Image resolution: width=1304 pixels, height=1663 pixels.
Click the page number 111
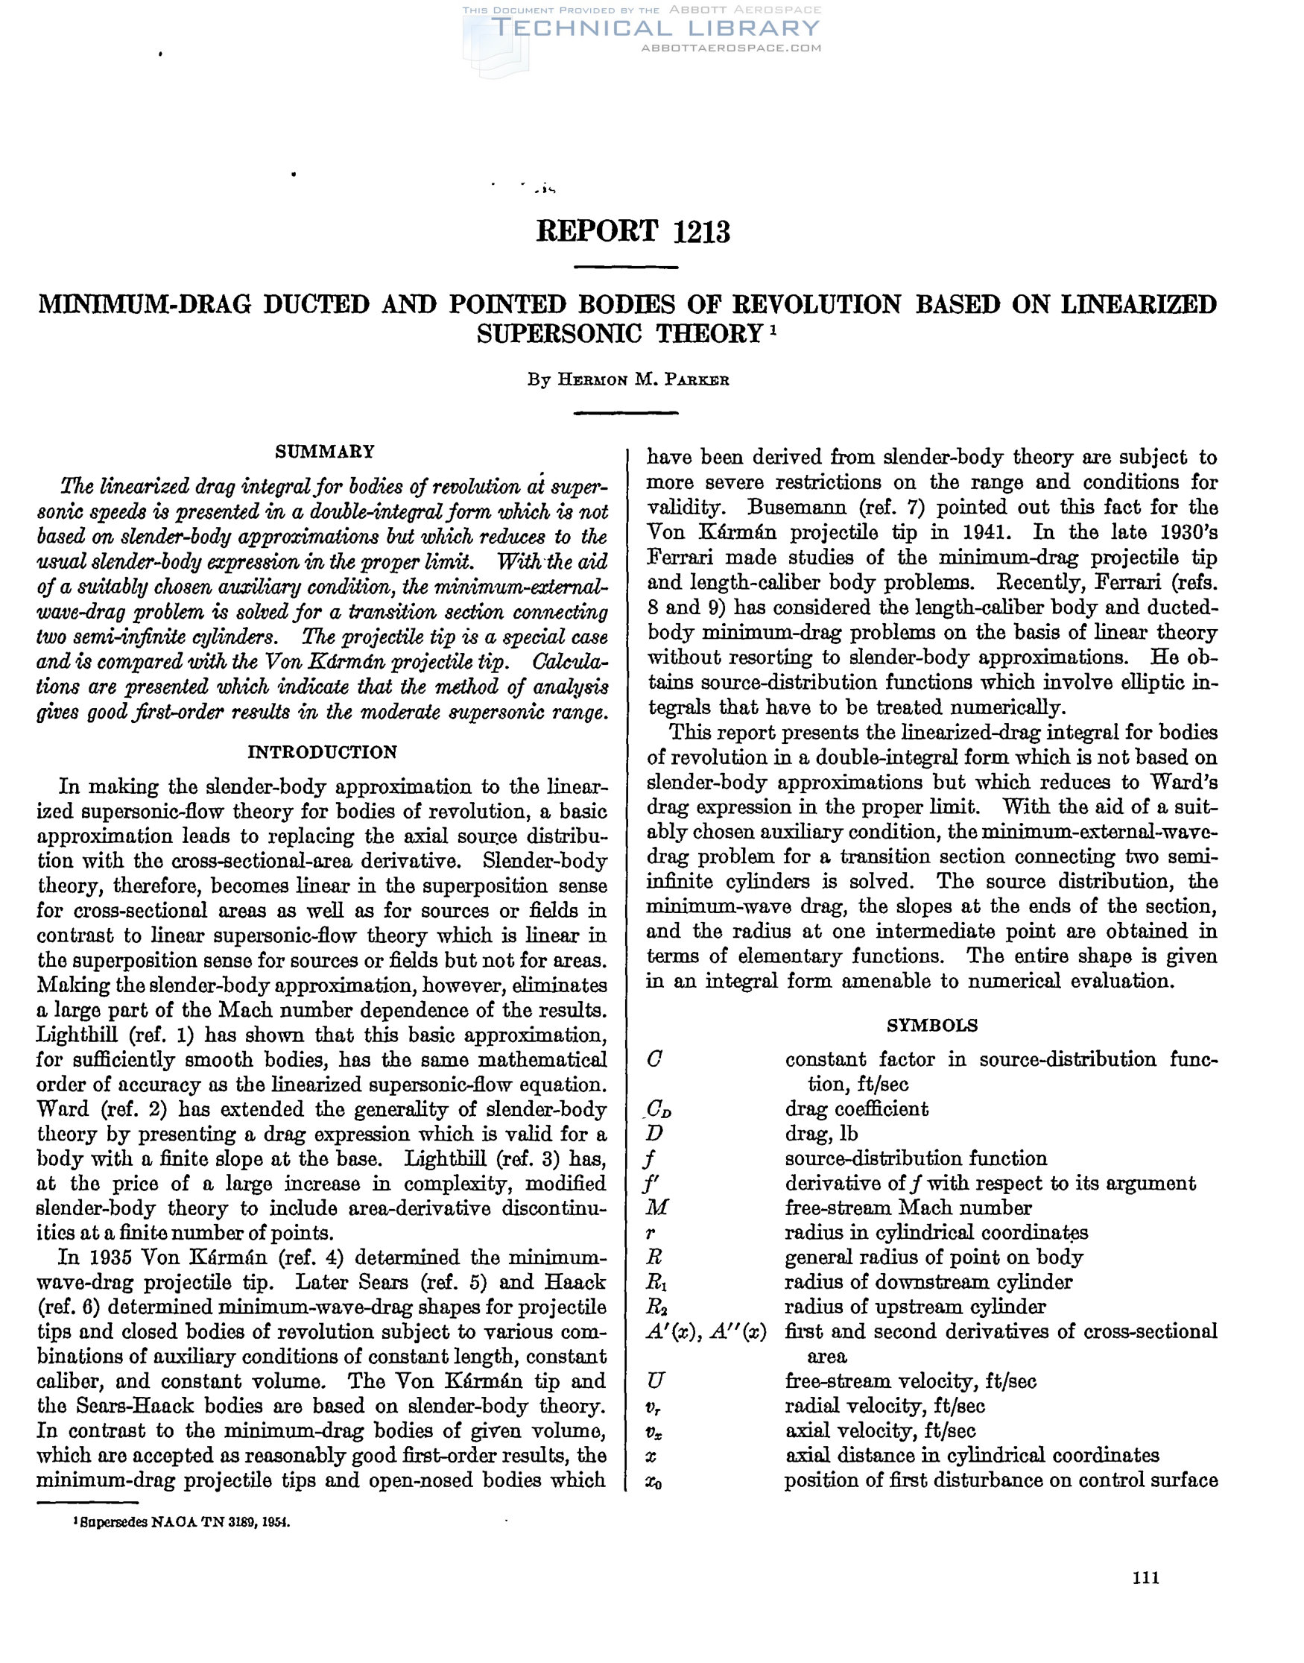1146,1578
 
